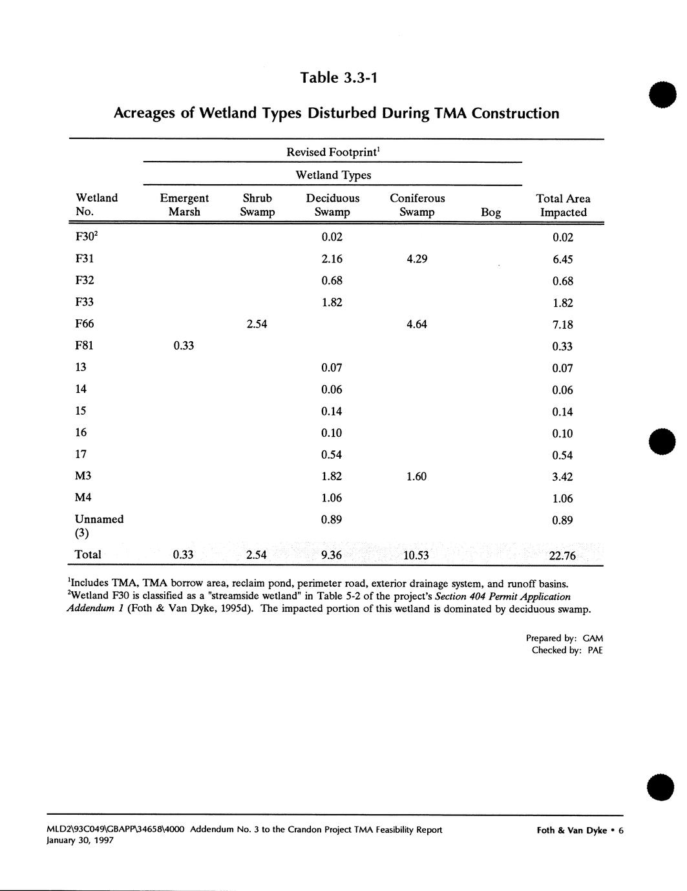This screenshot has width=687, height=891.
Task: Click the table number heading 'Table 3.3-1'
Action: [338, 78]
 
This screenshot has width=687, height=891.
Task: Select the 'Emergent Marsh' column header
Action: [184, 205]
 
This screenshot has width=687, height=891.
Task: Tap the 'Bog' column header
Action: [491, 212]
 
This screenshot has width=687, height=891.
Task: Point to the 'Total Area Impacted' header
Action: [563, 205]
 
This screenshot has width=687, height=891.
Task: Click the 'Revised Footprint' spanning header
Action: [333, 152]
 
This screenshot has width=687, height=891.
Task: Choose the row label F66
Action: [85, 324]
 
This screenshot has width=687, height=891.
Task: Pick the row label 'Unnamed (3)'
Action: [99, 526]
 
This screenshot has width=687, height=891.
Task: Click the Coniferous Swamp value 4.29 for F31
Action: [416, 259]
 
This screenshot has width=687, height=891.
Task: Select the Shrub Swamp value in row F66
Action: [257, 324]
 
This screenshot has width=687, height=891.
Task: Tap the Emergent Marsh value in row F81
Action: [184, 346]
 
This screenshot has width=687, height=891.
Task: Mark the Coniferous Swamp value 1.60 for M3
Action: [416, 476]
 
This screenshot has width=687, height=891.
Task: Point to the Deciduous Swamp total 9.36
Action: [332, 555]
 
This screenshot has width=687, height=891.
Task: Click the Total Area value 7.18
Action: [562, 325]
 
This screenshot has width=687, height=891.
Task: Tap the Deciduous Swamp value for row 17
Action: [332, 455]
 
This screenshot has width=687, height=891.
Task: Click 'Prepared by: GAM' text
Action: [564, 638]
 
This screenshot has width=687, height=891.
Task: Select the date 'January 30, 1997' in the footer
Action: [81, 841]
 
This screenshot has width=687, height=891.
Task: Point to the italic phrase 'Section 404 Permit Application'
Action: [503, 596]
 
